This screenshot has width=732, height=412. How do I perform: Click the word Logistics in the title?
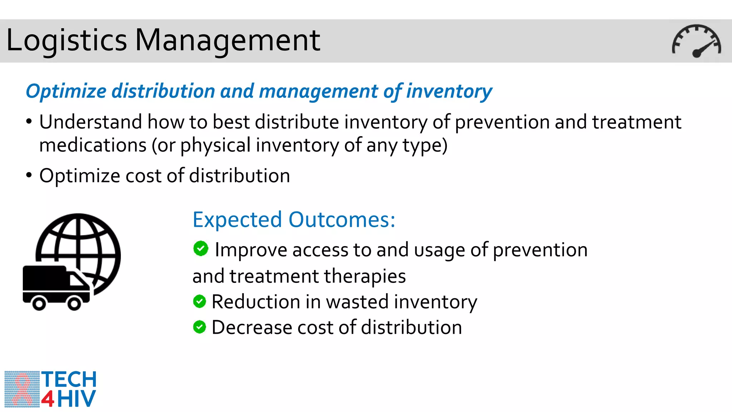[66, 40]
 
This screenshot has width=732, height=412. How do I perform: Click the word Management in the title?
[227, 40]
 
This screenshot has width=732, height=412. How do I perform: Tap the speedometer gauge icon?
[696, 41]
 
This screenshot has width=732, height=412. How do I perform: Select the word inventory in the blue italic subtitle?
[449, 91]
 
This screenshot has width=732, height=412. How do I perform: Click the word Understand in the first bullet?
[91, 122]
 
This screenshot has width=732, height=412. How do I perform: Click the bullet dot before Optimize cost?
[29, 175]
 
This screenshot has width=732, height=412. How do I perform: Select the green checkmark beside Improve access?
[201, 248]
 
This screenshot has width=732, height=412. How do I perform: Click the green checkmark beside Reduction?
[199, 301]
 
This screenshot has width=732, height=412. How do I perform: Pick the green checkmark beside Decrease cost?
[199, 327]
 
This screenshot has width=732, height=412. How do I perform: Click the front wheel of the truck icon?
[74, 304]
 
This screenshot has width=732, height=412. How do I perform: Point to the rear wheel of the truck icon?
[39, 304]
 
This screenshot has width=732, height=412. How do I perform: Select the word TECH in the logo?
[69, 379]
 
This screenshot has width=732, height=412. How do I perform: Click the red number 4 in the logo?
[48, 399]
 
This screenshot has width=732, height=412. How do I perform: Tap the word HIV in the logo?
[76, 399]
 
